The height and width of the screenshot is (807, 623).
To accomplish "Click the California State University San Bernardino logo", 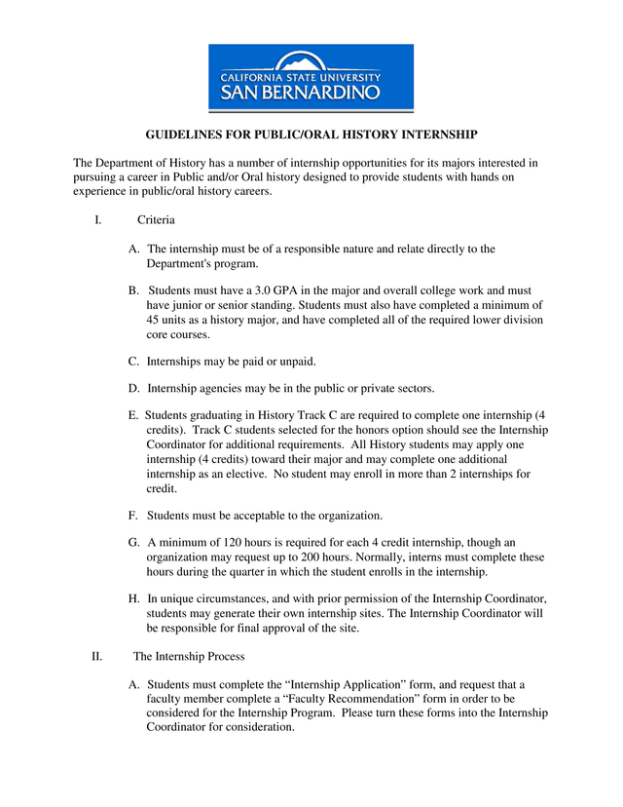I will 311,78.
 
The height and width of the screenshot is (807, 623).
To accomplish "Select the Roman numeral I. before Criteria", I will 98,221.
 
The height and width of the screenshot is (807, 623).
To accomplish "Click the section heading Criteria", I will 156,221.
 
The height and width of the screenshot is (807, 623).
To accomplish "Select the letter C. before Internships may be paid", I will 134,361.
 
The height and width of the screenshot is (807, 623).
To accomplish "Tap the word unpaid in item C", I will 295,361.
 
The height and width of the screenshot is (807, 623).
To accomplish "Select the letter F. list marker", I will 133,515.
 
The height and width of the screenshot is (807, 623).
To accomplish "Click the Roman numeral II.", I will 97,656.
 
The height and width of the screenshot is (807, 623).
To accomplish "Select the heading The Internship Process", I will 189,656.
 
